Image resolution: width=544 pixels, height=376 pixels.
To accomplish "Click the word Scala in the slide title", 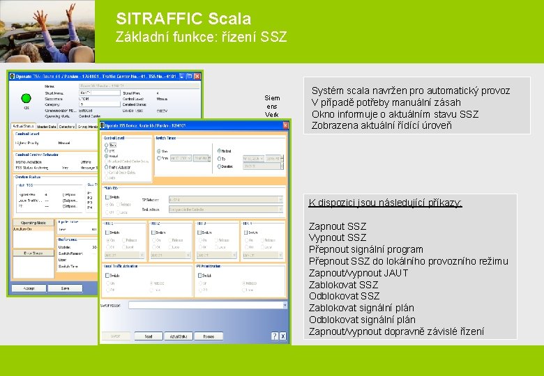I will [229, 19].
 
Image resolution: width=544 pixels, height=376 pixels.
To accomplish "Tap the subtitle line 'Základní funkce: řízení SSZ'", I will [201, 37].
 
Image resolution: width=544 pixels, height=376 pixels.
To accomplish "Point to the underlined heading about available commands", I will [385, 203].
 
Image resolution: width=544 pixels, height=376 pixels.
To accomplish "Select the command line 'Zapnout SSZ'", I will [337, 226].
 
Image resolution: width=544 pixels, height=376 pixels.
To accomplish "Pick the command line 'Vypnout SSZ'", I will [337, 237].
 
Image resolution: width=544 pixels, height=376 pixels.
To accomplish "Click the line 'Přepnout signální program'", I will [365, 249].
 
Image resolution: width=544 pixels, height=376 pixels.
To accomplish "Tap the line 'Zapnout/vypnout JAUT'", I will [358, 273].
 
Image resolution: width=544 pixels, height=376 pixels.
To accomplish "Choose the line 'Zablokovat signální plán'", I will [361, 308].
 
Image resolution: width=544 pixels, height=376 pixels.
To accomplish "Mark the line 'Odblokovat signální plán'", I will [361, 320].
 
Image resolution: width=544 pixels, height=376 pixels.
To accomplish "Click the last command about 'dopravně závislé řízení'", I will [395, 331].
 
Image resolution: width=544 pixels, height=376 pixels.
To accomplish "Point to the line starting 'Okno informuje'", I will [395, 114].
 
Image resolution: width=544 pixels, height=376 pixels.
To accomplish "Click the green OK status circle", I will [27, 98].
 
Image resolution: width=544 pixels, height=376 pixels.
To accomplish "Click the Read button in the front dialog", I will [149, 336].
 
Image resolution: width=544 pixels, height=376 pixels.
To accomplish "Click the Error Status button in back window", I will [33, 253].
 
